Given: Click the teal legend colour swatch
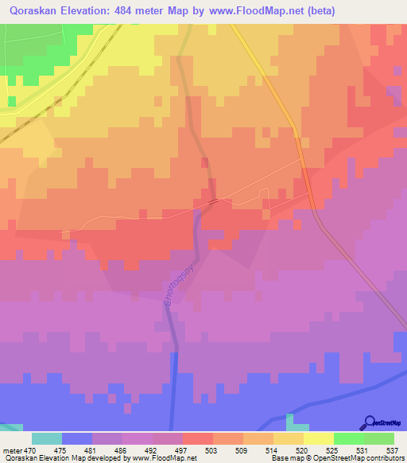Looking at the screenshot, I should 46,438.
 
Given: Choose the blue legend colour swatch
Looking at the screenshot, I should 76,438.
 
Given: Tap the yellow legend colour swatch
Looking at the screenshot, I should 319,438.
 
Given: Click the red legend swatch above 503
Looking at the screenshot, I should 198,438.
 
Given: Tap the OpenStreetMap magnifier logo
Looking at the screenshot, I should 369,423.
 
